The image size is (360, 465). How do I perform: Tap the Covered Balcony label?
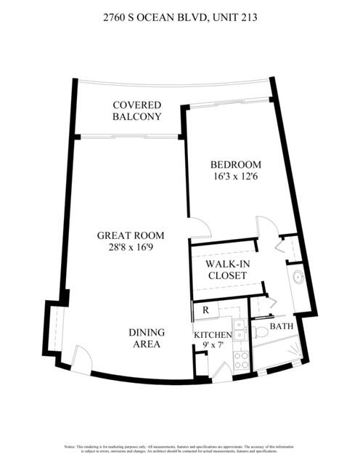click(x=136, y=110)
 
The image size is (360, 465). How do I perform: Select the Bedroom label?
click(x=234, y=164)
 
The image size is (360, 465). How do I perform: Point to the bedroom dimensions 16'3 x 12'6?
click(x=234, y=177)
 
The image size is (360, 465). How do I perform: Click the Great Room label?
click(x=131, y=235)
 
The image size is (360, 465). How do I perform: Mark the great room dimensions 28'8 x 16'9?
click(x=131, y=248)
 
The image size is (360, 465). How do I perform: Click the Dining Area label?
click(x=147, y=338)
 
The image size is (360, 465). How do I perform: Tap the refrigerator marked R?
click(x=205, y=310)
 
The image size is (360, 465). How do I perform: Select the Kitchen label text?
click(x=212, y=334)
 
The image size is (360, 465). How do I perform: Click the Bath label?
click(x=282, y=326)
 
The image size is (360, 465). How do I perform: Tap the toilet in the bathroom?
click(x=261, y=331)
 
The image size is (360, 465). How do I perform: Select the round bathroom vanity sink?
click(x=298, y=278)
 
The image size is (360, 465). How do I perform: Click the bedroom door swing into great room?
click(x=199, y=231)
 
